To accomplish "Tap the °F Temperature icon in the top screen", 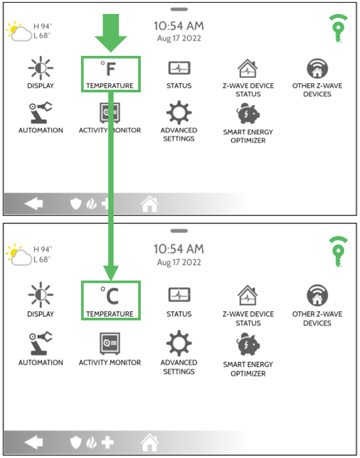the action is (108, 69).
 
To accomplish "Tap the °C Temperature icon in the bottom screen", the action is (109, 296).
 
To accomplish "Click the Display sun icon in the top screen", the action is (41, 68).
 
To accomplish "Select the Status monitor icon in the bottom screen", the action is (179, 294).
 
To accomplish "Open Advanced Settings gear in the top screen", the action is (179, 113).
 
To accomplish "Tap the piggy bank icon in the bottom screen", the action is (248, 345).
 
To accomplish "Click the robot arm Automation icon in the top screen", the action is (41, 113).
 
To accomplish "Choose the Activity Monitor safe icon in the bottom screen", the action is (110, 343).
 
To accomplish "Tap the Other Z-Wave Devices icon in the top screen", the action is (317, 68).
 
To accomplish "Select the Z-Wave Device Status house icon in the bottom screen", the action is (248, 295).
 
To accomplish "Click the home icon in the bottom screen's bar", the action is (150, 442).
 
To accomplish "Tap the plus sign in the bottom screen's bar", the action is (108, 442).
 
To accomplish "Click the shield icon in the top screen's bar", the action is (76, 203).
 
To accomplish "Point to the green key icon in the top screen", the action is (338, 28).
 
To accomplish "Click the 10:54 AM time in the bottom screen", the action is (179, 249).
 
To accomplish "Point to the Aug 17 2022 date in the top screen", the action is (179, 39).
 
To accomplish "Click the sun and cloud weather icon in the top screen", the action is (19, 31).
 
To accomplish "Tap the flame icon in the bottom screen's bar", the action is (92, 442).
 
